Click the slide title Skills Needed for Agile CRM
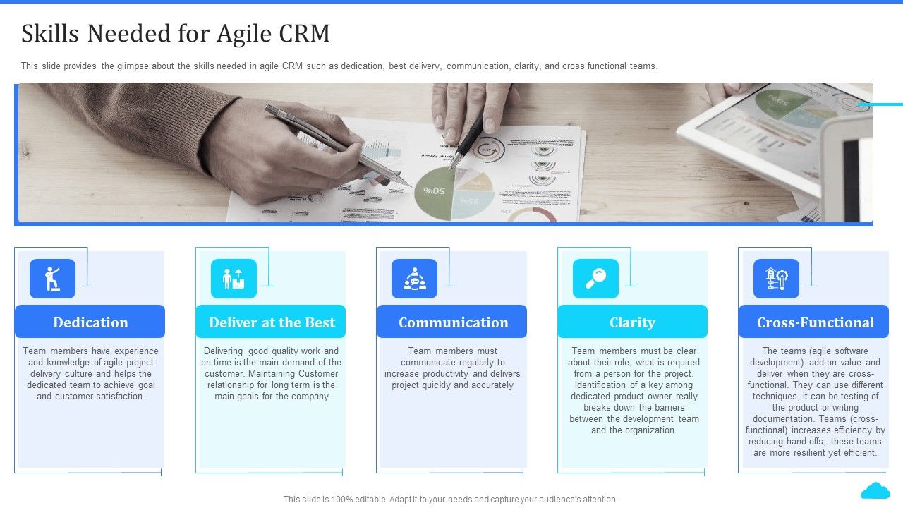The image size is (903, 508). click(x=176, y=34)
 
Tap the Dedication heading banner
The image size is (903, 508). click(x=90, y=322)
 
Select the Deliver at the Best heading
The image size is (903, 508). click(x=271, y=322)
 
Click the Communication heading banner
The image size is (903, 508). click(x=452, y=322)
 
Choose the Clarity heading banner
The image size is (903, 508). click(x=632, y=322)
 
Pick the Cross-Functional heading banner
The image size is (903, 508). click(x=814, y=322)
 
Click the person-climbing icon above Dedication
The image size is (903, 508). click(x=52, y=279)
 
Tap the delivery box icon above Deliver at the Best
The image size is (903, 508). click(x=234, y=279)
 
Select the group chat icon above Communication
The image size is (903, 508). click(x=414, y=279)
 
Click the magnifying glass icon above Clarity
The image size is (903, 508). click(x=595, y=279)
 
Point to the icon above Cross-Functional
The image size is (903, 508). click(x=776, y=279)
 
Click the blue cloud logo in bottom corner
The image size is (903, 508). click(x=875, y=490)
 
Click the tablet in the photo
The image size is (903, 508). click(x=769, y=134)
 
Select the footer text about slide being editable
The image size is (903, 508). click(x=450, y=500)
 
